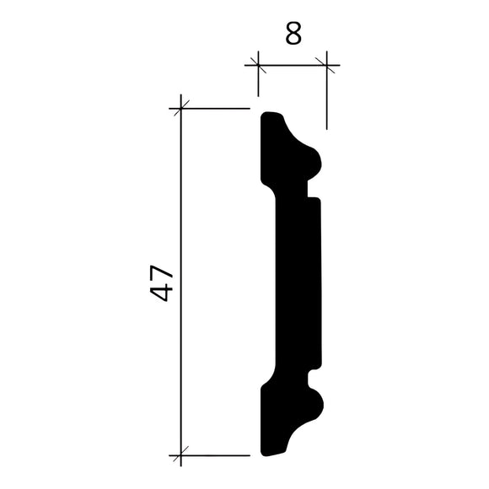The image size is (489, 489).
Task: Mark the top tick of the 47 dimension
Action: (x=180, y=108)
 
